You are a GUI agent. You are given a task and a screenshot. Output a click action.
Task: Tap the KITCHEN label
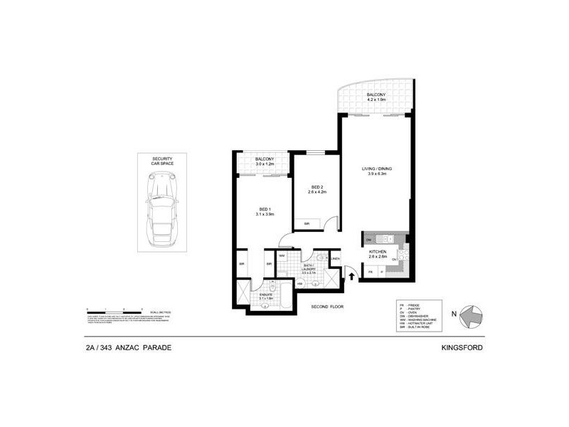click(x=377, y=253)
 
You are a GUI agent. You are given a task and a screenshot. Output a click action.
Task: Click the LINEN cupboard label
click(x=334, y=259)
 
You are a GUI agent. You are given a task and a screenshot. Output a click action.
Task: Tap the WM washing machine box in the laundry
click(x=282, y=255)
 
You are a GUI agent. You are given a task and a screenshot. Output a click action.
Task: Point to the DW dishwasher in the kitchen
click(x=369, y=240)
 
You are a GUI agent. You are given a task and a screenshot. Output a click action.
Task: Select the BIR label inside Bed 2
click(x=307, y=224)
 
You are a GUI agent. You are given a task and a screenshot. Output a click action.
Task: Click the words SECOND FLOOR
click(x=328, y=307)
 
